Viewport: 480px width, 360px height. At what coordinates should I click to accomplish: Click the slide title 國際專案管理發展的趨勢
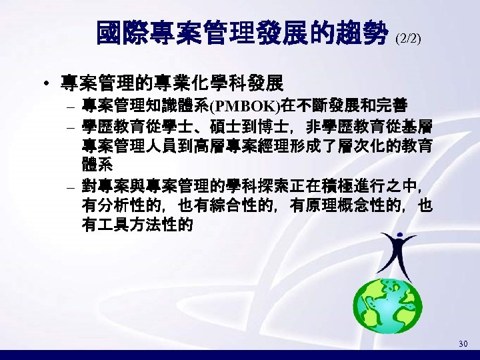(244, 33)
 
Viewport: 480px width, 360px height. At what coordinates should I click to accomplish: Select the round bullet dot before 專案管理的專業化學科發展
(45, 85)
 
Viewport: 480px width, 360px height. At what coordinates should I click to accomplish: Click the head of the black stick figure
(399, 235)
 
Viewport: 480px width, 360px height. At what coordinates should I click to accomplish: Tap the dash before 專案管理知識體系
(70, 107)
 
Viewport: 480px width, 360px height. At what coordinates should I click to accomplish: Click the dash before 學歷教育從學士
(70, 127)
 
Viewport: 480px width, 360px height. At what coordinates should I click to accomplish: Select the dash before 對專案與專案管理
(70, 185)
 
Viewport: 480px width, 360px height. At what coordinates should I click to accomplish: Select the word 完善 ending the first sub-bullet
(393, 106)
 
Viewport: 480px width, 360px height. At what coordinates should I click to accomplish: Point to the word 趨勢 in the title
(366, 33)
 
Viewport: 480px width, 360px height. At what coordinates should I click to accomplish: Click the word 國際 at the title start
(120, 33)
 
